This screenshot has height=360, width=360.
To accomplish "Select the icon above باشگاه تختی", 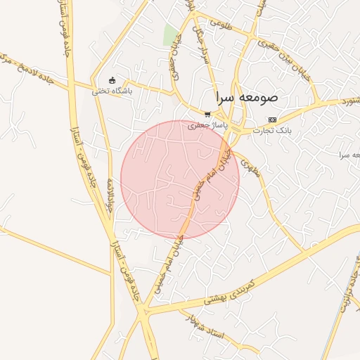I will (x=111, y=79).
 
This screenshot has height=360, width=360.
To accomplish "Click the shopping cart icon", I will (x=207, y=114).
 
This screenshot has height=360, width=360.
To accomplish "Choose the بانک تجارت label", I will (x=274, y=130).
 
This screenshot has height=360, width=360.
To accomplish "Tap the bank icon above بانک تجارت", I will (x=272, y=120).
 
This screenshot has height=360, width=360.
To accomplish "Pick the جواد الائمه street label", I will (x=110, y=198).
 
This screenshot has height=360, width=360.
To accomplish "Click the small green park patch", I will (x=170, y=34).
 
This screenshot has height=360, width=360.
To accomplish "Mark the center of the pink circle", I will (x=180, y=179).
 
